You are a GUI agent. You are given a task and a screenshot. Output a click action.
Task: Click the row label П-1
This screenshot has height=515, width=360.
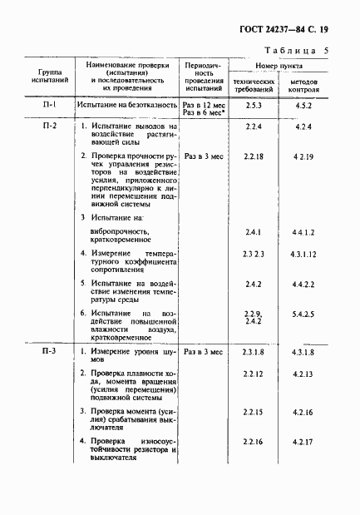48,106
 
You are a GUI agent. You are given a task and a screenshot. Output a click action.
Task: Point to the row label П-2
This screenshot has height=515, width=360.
48,126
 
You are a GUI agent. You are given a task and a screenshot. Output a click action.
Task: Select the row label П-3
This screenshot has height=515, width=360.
48,353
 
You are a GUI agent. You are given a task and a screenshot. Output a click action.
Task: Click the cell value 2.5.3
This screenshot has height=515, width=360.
254,106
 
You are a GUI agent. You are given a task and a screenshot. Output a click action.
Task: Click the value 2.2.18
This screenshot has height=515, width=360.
254,156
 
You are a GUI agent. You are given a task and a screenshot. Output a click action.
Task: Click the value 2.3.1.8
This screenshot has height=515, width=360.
254,353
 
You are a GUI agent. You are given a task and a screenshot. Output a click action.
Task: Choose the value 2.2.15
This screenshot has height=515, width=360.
254,412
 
